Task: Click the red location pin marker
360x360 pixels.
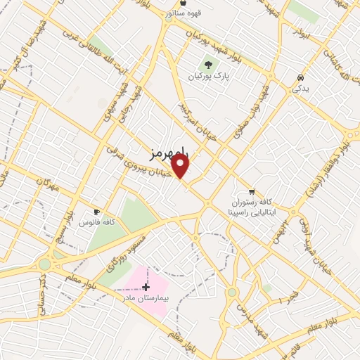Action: pos(181,166)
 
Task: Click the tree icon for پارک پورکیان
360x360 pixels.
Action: pos(208,64)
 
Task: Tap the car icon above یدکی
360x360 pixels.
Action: pos(300,77)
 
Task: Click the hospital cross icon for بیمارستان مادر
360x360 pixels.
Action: pos(146,286)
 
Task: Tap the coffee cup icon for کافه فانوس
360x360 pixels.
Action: pos(96,211)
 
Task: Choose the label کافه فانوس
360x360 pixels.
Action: pos(96,222)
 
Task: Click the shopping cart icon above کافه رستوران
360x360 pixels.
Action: pos(251,191)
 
